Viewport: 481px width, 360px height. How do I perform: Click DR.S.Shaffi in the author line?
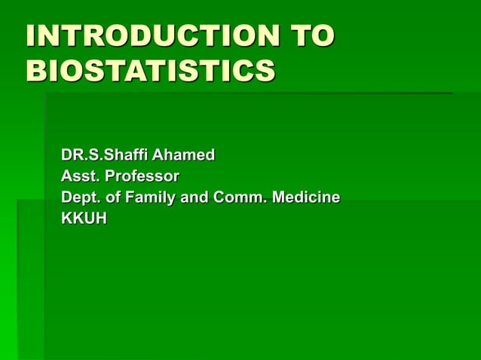click(105, 155)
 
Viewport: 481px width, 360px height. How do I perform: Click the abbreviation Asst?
click(79, 176)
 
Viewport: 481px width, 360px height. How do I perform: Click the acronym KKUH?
click(84, 218)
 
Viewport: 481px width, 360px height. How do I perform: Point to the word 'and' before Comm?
click(195, 197)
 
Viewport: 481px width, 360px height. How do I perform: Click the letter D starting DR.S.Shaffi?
click(67, 155)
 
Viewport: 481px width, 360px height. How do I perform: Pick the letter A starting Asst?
click(67, 176)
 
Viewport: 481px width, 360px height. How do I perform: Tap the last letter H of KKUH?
click(100, 218)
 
